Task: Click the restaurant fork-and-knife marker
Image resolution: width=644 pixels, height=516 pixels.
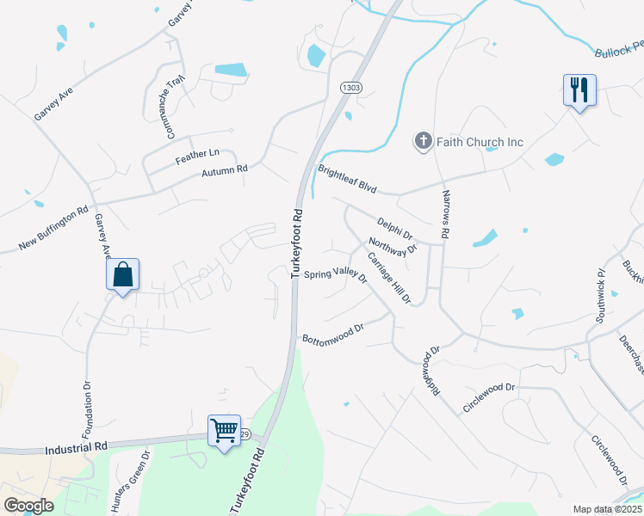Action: click(579, 89)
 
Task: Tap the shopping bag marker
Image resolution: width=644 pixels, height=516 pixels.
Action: click(123, 275)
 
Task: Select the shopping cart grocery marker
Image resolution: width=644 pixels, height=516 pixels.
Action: click(225, 430)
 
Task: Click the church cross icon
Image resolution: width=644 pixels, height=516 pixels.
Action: click(423, 141)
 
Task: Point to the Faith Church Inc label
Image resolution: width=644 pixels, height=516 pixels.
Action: click(480, 142)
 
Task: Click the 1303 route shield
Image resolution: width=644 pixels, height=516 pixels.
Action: click(350, 88)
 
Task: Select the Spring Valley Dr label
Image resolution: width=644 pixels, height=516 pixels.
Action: click(336, 276)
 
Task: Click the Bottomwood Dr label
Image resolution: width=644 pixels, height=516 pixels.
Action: click(334, 334)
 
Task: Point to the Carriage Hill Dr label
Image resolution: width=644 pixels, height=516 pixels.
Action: click(389, 278)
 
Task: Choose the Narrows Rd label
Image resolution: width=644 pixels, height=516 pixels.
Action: click(446, 214)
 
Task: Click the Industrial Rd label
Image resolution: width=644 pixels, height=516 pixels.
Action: click(78, 447)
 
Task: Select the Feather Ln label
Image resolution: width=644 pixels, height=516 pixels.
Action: click(197, 154)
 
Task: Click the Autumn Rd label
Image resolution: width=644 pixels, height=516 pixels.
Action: click(225, 170)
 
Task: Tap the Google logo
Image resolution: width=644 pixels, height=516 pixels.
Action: click(28, 506)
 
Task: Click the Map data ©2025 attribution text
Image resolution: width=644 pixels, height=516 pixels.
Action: click(606, 509)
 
